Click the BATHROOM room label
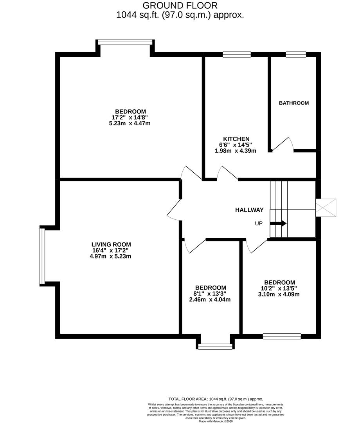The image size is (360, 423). click(293, 103)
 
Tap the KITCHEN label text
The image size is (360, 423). click(236, 139)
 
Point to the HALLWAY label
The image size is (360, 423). click(249, 210)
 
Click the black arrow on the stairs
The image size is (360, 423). click(278, 223)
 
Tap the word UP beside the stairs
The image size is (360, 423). click(259, 224)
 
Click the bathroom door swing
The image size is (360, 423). click(283, 145)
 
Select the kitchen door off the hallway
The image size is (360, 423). click(227, 174)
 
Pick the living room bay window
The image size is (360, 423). click(42, 256)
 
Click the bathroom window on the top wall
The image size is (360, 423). click(295, 54)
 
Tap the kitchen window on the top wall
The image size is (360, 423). click(237, 54)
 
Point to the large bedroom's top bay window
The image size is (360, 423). click(125, 42)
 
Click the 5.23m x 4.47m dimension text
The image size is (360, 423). click(130, 123)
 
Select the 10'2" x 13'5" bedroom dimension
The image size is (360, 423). click(279, 289)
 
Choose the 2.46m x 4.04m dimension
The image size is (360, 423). click(210, 300)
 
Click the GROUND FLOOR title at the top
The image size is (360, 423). click(180, 5)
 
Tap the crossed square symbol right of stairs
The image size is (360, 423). click(326, 207)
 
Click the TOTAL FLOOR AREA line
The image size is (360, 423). click(216, 399)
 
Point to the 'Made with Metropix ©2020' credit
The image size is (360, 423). click(216, 421)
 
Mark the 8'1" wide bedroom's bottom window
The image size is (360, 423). click(215, 346)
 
